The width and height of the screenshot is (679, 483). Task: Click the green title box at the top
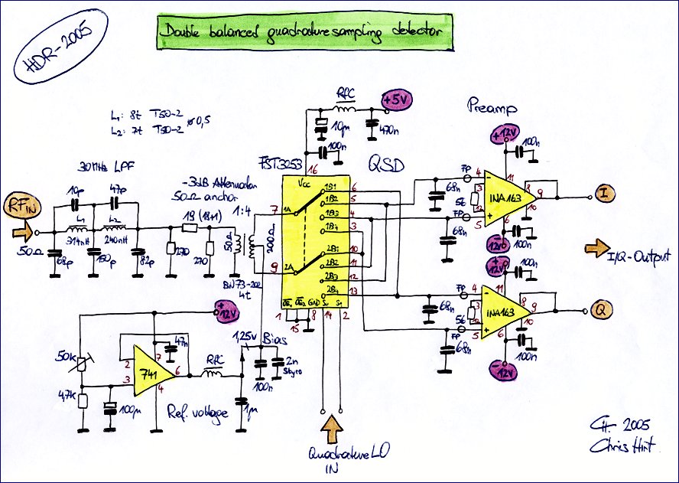point(301,31)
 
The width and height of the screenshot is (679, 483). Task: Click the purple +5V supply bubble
point(397,100)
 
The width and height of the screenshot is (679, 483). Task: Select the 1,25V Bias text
point(258,337)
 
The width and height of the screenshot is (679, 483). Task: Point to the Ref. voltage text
point(197,413)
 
